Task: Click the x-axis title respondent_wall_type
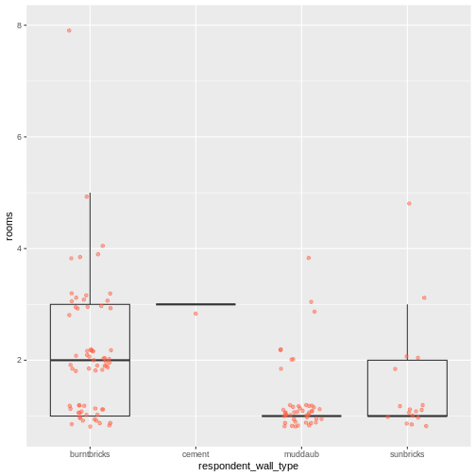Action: click(x=248, y=467)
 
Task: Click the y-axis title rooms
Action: click(x=9, y=225)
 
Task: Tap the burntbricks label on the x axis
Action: click(x=90, y=453)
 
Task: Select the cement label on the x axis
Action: click(x=195, y=453)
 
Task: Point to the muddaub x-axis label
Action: click(x=301, y=453)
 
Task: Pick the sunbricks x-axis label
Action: click(x=407, y=453)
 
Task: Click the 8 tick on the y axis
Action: click(x=21, y=25)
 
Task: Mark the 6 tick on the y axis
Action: click(x=21, y=137)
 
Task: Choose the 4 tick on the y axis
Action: click(x=21, y=248)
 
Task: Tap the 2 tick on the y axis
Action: click(x=21, y=360)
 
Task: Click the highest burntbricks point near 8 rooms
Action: click(x=69, y=30)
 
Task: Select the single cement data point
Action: click(x=195, y=314)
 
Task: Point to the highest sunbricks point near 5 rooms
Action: click(x=409, y=203)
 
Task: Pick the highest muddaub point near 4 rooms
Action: click(x=309, y=258)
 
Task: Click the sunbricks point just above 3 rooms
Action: click(x=424, y=297)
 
